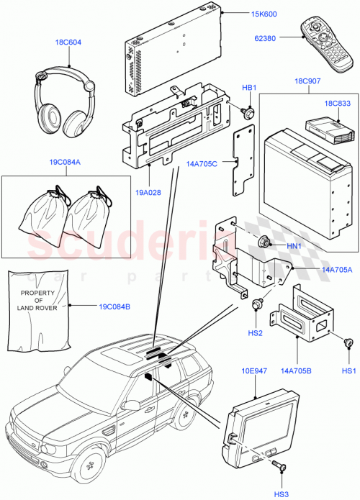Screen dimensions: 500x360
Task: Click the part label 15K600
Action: pyautogui.click(x=244, y=13)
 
